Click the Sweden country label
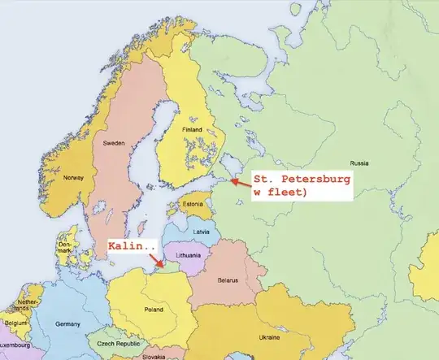(115, 143)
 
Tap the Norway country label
(74, 178)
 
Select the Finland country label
(193, 129)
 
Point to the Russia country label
(359, 163)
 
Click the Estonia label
(193, 204)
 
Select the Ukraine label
(269, 336)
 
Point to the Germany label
(68, 323)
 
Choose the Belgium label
(14, 323)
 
